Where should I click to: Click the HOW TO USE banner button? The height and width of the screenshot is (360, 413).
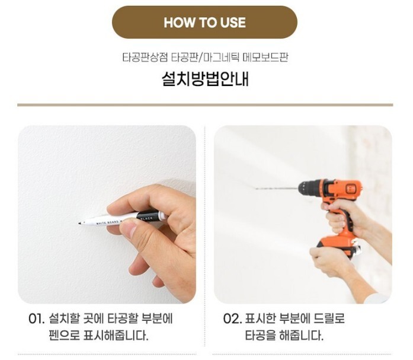[x=204, y=22]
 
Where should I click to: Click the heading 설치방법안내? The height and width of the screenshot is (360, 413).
[x=205, y=79]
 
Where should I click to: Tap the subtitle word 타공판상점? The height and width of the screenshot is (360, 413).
[x=145, y=57]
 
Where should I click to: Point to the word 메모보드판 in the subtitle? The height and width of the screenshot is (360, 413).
[x=265, y=57]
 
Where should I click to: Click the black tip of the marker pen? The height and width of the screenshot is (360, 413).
[x=79, y=224]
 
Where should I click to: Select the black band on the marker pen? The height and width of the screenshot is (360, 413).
[x=148, y=215]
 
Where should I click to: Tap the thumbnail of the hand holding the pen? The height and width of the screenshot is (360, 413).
[x=107, y=214]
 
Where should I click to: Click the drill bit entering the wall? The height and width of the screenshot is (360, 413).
[x=277, y=188]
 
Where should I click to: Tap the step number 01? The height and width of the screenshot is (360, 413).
[x=36, y=319]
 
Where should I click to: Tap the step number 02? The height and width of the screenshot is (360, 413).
[x=232, y=319]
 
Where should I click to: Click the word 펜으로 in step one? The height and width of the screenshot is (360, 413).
[x=64, y=335]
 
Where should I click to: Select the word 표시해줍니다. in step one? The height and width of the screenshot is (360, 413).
[x=116, y=335]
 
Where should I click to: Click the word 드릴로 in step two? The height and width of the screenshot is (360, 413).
[x=329, y=319]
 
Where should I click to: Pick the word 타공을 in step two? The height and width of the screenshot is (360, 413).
[x=260, y=335]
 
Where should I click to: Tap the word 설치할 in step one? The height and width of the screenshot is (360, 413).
[x=64, y=319]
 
